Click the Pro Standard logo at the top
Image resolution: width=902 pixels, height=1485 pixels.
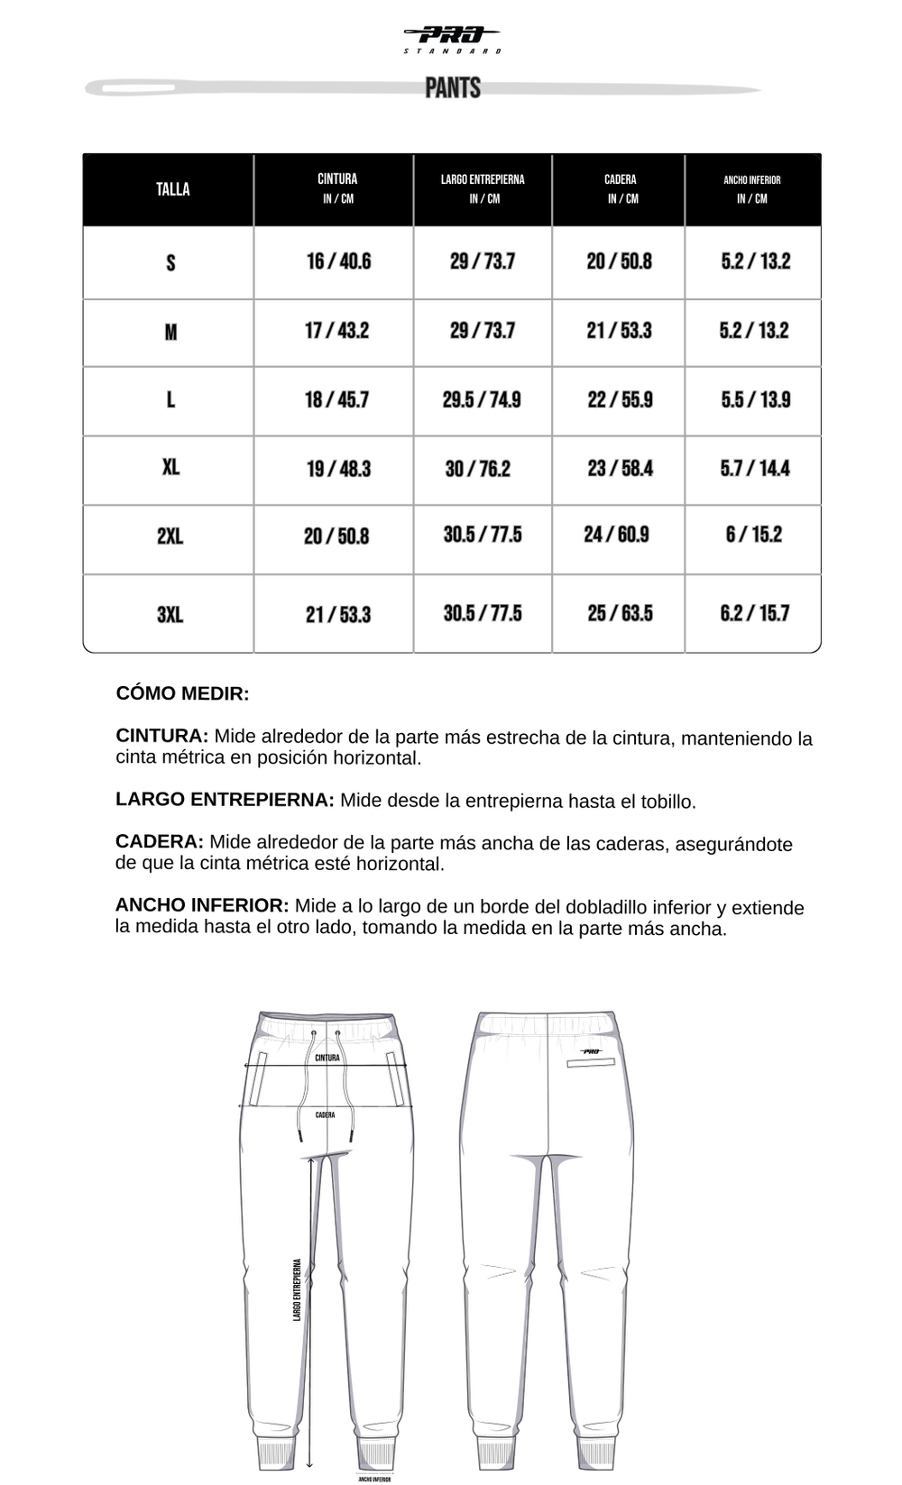[452, 38]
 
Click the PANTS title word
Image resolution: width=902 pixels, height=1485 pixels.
[453, 87]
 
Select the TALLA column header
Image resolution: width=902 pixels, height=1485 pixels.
[172, 189]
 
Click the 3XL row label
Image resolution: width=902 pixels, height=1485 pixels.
[170, 615]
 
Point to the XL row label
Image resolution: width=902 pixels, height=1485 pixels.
[170, 467]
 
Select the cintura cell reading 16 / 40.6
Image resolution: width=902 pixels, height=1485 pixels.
[338, 261]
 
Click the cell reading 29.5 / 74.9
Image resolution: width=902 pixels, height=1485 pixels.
[482, 399]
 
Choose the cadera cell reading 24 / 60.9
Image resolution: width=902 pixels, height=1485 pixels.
[616, 535]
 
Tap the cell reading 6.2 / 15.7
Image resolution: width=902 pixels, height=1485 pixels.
[754, 614]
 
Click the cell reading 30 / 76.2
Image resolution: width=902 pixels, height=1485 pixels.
[477, 469]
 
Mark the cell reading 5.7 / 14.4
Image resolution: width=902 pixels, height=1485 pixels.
[754, 469]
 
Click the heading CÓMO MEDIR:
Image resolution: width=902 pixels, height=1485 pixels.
[182, 693]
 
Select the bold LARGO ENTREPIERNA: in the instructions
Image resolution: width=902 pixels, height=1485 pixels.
[225, 800]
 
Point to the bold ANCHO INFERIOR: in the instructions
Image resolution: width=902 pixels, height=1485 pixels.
[202, 905]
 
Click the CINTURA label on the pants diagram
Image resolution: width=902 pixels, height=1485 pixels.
[327, 1058]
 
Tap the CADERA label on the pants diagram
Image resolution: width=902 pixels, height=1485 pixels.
[326, 1115]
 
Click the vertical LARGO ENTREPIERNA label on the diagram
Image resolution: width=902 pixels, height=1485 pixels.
[297, 1289]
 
